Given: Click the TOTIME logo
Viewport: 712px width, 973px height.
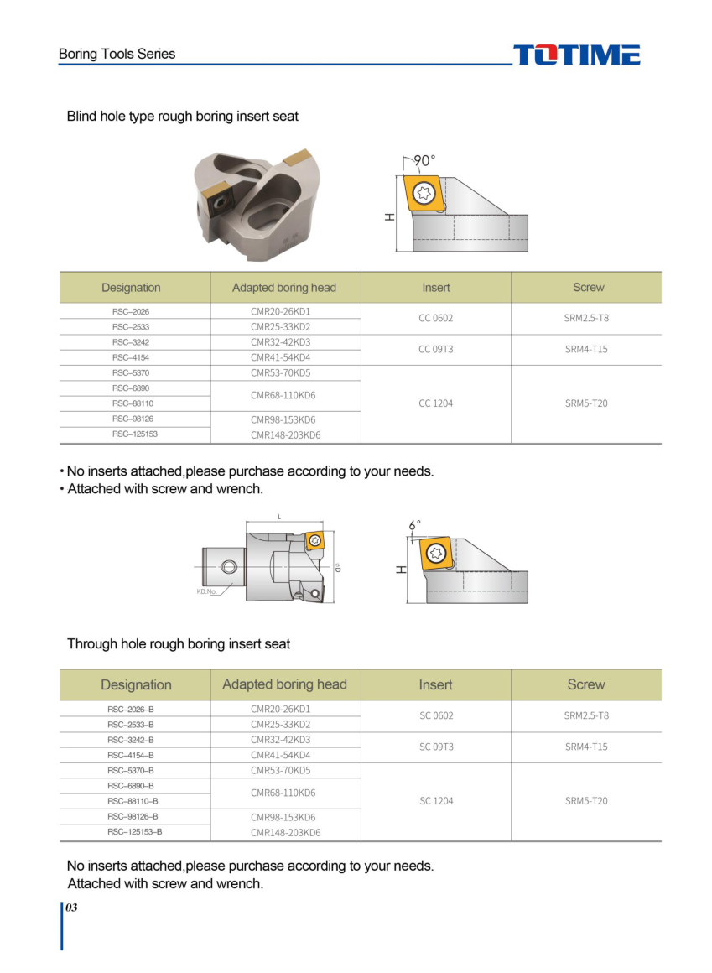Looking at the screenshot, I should pos(576,55).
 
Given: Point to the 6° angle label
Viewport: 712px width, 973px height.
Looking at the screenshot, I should pos(414,525).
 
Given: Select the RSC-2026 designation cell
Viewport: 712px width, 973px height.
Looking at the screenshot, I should pos(131,311).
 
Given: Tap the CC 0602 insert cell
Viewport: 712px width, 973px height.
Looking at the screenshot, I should pos(435,319).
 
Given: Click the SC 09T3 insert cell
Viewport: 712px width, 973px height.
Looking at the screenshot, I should pos(436,747).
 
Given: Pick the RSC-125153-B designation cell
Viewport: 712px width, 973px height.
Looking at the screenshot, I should pos(134,832).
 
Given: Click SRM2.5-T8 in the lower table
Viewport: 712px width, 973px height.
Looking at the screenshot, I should pos(586,715).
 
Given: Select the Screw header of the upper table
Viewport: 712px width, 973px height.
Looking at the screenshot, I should pos(588,288).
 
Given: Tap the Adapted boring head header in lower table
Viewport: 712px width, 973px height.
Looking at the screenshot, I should pos(284,684).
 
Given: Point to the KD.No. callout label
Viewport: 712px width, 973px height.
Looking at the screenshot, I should pos(207,591).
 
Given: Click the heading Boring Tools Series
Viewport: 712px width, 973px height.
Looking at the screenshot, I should pos(117,54).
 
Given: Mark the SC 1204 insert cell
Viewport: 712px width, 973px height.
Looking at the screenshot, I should pos(436,801).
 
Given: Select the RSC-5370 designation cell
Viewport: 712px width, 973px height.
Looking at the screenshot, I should pos(131,372).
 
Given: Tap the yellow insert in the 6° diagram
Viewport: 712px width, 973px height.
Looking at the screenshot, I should pos(434,554).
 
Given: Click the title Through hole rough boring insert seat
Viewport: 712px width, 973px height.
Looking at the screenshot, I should pos(179,644).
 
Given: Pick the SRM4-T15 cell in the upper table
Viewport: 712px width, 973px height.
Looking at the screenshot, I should pos(586,349).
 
